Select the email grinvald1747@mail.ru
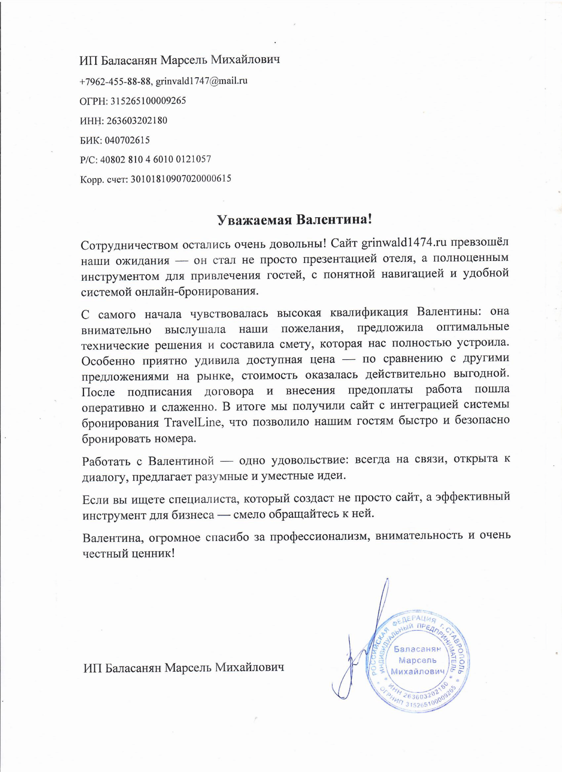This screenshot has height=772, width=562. click(x=201, y=81)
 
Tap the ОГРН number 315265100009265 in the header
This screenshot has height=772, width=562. click(x=147, y=101)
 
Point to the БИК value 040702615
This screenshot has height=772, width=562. click(x=127, y=140)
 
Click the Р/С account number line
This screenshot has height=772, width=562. click(x=146, y=159)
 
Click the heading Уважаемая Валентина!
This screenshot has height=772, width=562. click(x=294, y=220)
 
